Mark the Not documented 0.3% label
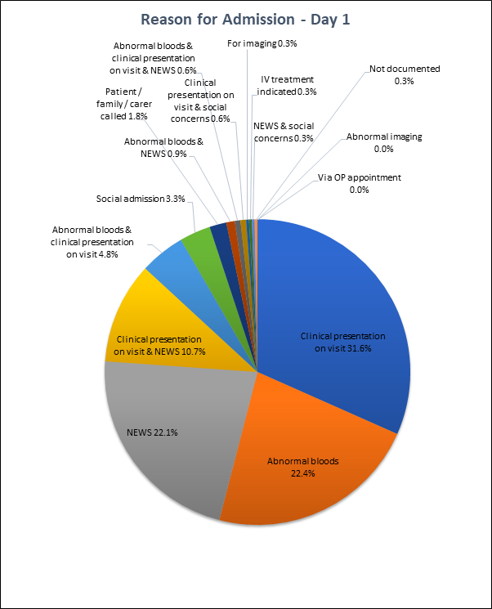tap(405, 75)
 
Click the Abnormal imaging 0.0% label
tap(384, 143)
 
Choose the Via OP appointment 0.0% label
tap(359, 184)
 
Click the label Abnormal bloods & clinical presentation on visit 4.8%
tap(92, 242)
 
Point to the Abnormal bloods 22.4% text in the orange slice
tap(302, 467)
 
